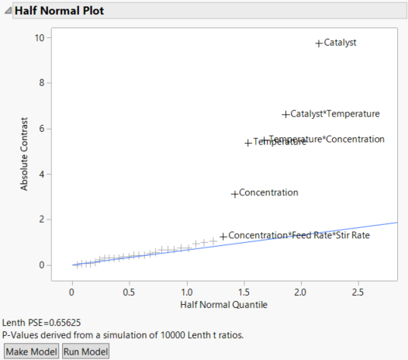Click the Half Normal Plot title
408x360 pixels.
[59, 12]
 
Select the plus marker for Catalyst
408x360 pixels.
[319, 43]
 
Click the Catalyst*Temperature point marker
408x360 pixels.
[285, 114]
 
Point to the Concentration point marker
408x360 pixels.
[235, 193]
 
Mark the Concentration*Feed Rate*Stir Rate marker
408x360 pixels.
[223, 236]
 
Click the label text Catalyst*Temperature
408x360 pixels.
[335, 114]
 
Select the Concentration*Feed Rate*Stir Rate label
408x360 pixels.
[299, 235]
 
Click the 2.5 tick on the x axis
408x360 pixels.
[358, 292]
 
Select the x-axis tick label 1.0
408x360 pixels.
[186, 292]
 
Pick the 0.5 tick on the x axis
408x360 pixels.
[129, 292]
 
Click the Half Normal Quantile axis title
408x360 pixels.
[223, 305]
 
